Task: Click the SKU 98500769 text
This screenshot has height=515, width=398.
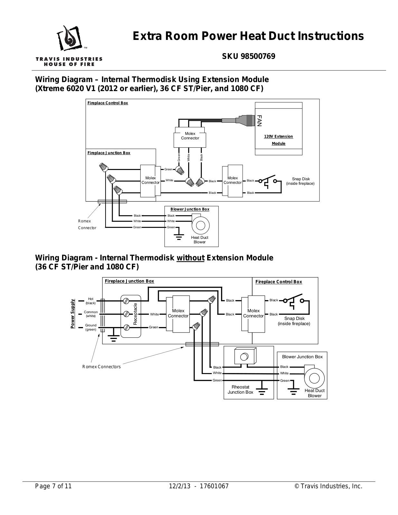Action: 248,57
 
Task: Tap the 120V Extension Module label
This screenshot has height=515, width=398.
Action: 278,140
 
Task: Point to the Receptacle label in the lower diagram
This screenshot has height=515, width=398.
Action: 135,314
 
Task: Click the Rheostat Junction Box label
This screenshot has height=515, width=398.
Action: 240,389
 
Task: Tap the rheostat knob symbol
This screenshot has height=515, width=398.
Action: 244,356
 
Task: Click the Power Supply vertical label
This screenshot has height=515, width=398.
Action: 73,314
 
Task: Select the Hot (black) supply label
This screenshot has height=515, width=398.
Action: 90,301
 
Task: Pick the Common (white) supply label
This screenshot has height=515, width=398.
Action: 91,314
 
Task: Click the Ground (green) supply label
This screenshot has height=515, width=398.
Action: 91,327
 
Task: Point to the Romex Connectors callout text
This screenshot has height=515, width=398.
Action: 101,367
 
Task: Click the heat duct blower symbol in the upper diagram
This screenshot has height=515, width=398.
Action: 200,225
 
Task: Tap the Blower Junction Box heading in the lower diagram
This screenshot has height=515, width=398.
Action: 302,357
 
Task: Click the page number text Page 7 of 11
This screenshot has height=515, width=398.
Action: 53,486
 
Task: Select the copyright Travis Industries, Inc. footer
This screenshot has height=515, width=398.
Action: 329,486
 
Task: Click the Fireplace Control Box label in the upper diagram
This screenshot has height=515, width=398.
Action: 107,103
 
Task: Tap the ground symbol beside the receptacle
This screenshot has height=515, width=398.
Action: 113,338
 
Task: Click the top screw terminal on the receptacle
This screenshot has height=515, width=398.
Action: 126,301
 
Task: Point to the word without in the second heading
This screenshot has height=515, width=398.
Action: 190,258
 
